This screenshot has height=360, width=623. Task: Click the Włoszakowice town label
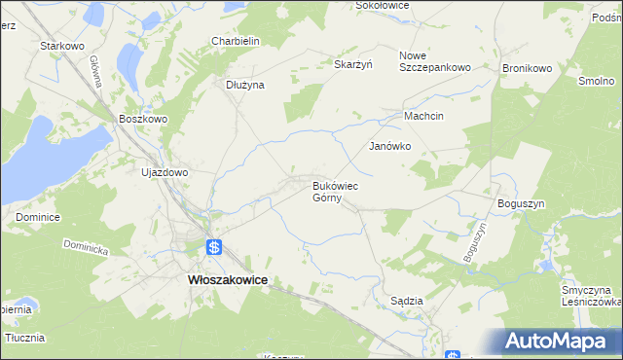click(x=226, y=279)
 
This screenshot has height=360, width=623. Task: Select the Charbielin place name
click(x=235, y=41)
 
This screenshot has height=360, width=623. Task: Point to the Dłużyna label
click(x=245, y=85)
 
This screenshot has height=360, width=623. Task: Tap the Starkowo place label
click(x=58, y=46)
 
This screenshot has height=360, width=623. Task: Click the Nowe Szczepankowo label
click(x=435, y=61)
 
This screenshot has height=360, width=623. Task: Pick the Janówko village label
click(x=389, y=146)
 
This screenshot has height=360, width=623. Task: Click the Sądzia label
click(x=406, y=301)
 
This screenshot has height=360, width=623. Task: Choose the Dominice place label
click(x=38, y=217)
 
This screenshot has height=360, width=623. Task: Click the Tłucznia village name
click(x=25, y=338)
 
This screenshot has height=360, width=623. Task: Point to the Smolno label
click(x=595, y=82)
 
